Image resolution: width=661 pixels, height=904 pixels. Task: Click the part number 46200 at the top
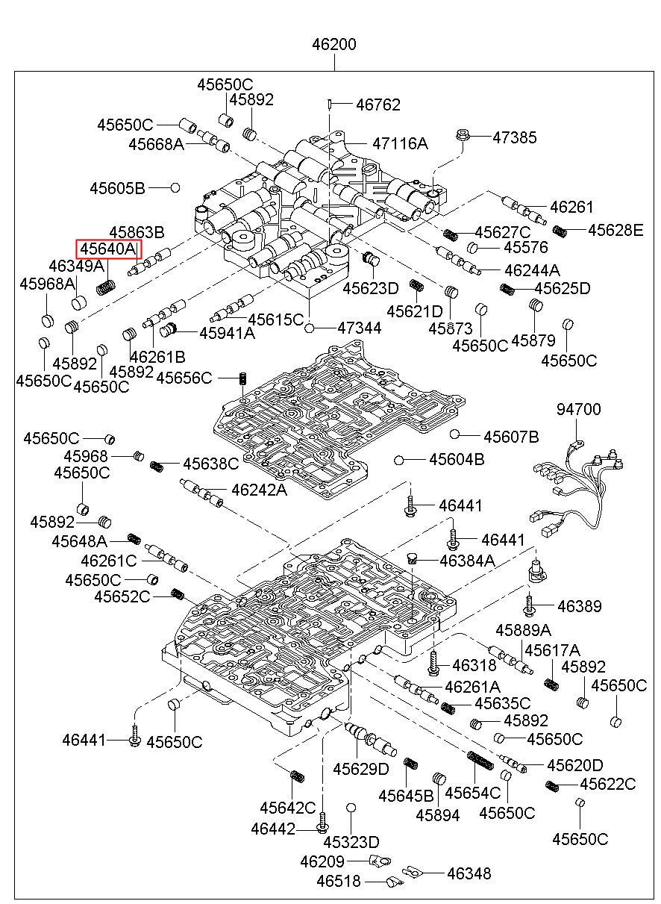(x=334, y=45)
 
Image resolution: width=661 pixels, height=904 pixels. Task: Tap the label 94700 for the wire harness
(x=578, y=410)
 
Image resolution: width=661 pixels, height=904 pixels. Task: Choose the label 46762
(x=378, y=105)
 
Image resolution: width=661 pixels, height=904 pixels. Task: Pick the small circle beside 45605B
(x=175, y=187)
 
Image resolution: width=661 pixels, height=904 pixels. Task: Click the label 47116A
(x=400, y=143)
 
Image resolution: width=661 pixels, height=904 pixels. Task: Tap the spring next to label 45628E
(x=560, y=231)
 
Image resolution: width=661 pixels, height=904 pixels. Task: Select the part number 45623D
(x=371, y=288)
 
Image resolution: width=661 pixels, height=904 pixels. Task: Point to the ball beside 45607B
(x=454, y=434)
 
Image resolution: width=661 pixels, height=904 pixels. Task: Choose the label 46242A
(x=259, y=490)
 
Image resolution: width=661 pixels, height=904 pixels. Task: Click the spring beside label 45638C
(x=157, y=467)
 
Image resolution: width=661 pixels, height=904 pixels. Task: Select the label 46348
(x=469, y=873)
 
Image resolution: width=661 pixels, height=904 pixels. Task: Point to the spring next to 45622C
(x=553, y=785)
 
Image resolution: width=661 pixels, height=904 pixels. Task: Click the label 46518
(x=338, y=882)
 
